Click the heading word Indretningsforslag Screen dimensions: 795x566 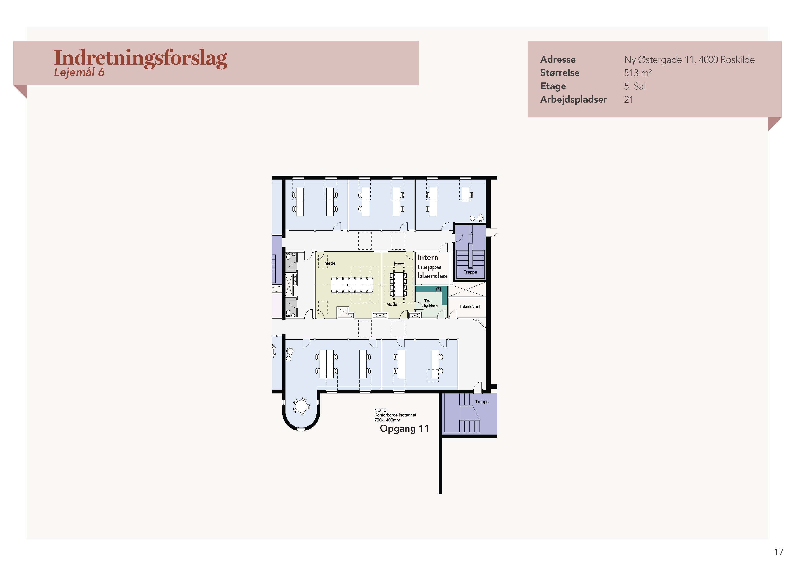click(140, 58)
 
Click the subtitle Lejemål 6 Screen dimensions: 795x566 click(79, 72)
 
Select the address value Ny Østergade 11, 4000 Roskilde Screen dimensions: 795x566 click(689, 60)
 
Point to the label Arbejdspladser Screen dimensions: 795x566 click(573, 100)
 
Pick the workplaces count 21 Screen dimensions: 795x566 click(628, 100)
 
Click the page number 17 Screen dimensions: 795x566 click(778, 552)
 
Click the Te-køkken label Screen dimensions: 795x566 click(430, 303)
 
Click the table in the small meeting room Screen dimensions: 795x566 click(398, 284)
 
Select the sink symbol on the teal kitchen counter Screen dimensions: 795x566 click(438, 289)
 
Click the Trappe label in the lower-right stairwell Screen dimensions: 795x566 click(482, 402)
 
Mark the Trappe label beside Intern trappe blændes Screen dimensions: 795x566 click(470, 272)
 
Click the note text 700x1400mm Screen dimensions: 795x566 click(387, 420)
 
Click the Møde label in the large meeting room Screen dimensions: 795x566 click(330, 263)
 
